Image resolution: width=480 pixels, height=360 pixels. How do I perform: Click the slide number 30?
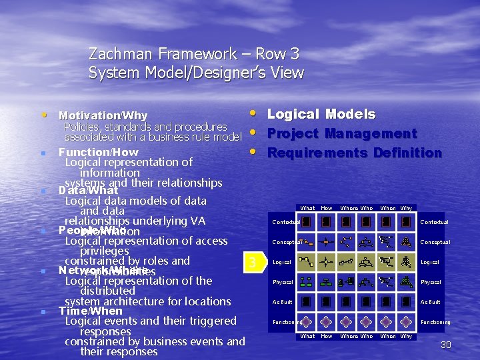[x=446, y=345]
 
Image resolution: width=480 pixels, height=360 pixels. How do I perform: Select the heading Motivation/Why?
[x=103, y=116]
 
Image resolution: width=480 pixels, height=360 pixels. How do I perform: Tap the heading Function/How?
[x=98, y=152]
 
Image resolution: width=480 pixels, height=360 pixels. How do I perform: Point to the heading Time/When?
[x=91, y=311]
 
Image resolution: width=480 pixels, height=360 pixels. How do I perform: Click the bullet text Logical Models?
[x=321, y=114]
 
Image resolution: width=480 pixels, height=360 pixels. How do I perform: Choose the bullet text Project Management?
[x=341, y=133]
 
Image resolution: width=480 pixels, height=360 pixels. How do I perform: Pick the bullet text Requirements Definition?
[x=354, y=153]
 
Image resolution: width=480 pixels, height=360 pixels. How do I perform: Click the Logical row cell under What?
[x=307, y=262]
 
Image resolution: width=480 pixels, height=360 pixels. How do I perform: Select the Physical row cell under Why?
[x=406, y=282]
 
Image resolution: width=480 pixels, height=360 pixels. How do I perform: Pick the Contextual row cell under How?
[x=326, y=222]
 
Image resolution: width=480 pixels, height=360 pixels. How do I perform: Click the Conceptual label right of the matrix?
[x=435, y=242]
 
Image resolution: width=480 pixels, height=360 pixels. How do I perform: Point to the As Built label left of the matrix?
[x=282, y=302]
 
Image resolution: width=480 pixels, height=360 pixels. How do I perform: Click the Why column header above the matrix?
[x=406, y=209]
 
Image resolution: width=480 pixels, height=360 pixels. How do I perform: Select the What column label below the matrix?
[x=307, y=337]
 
